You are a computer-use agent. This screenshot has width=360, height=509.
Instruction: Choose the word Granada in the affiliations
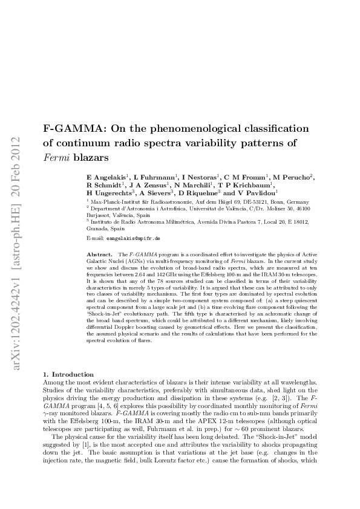[99, 229]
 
